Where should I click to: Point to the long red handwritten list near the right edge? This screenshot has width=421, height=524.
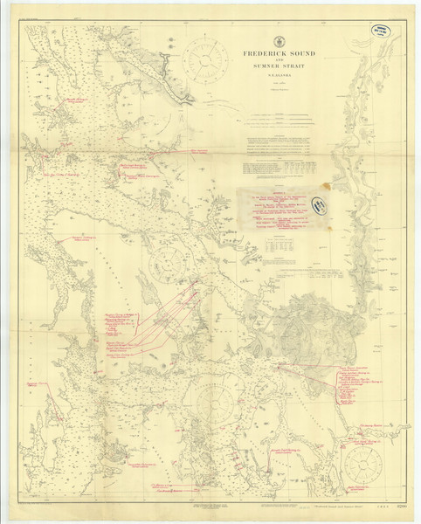point(358,384)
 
